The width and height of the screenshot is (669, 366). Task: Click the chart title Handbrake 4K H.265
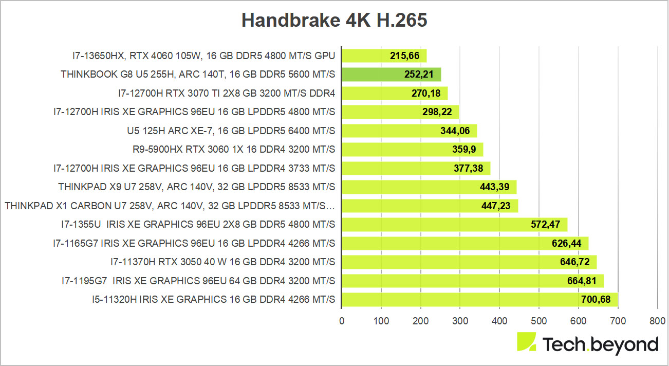[x=335, y=20]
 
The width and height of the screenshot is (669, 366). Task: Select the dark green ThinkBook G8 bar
[x=391, y=75]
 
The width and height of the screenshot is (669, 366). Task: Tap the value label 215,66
[x=405, y=56]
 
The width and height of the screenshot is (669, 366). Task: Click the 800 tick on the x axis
[x=657, y=321]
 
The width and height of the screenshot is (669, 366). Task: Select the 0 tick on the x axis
[x=342, y=321]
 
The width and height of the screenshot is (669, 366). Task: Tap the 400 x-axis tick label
[x=499, y=321]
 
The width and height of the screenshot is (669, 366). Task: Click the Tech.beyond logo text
[x=600, y=344]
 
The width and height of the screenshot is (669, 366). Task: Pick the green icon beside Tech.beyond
[x=526, y=342]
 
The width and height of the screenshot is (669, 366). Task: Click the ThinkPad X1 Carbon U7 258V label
[x=170, y=206]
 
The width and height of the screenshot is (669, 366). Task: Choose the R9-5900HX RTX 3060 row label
[x=234, y=150]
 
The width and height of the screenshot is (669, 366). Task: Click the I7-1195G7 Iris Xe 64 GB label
[x=198, y=281]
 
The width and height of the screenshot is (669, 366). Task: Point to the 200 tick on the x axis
[x=420, y=321]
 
